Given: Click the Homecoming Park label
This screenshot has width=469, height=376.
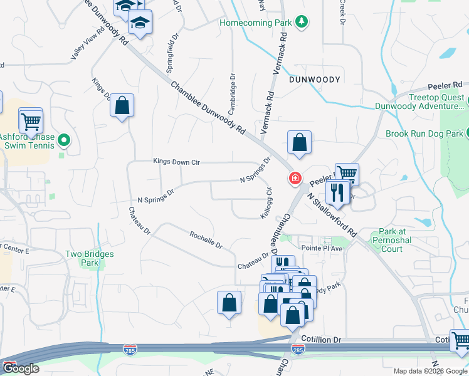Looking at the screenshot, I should (256, 23).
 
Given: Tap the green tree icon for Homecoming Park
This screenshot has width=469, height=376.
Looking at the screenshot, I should (302, 23).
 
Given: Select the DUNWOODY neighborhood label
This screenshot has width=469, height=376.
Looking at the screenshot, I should (315, 80).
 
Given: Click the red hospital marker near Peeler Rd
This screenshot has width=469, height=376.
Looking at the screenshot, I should (293, 179).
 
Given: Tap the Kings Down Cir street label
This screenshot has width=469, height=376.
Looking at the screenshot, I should (176, 162).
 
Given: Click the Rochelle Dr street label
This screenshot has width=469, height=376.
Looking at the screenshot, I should (206, 239).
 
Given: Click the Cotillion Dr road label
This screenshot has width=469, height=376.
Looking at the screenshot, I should (321, 339).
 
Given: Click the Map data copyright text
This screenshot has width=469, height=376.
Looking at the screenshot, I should (429, 371).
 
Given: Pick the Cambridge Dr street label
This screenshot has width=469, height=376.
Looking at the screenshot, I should (233, 90).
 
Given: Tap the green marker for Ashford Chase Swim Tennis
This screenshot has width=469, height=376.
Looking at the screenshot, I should (63, 140).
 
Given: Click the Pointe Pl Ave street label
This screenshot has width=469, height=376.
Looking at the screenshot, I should (323, 248).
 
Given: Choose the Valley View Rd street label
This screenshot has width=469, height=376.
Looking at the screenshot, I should (88, 44).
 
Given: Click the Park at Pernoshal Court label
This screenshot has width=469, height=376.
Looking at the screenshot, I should (392, 240).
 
